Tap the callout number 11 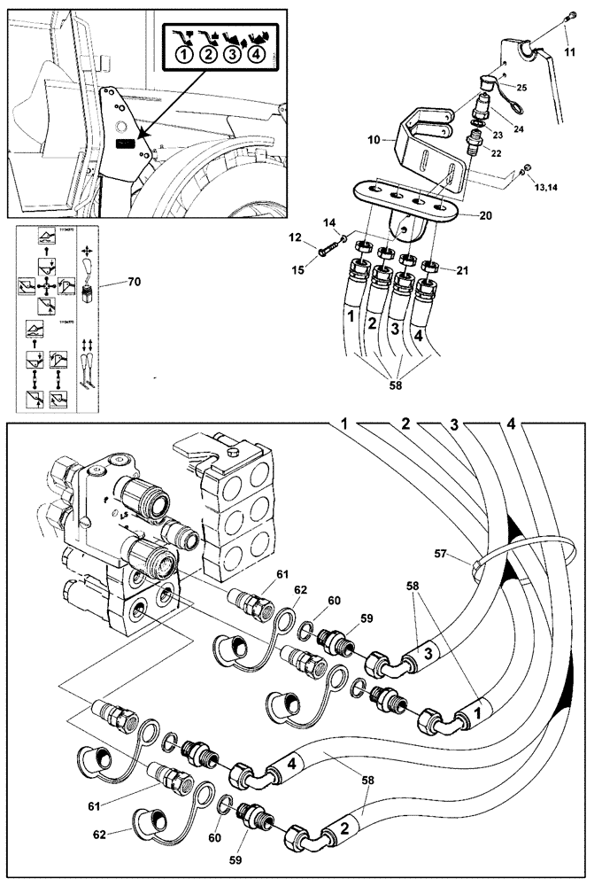click(x=569, y=52)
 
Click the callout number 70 click(x=134, y=282)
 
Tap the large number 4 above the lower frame click(x=511, y=424)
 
